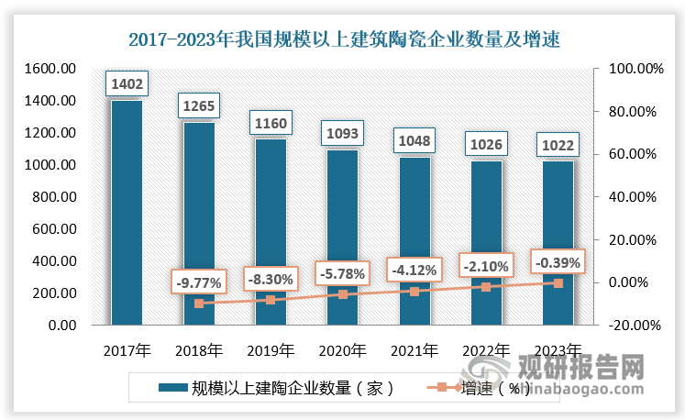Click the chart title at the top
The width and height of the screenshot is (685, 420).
pos(344,39)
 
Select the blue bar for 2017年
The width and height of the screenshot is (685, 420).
pos(127,213)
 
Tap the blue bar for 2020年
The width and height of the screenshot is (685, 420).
pos(343,238)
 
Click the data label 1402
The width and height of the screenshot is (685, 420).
pos(127,83)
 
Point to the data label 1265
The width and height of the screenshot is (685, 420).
pos(199,105)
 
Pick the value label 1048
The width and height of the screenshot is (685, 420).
pos(414,140)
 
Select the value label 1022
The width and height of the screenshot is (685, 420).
pos(558,145)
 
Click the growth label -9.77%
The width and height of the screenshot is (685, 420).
pos(199,283)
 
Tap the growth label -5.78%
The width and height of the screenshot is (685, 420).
pos(343,273)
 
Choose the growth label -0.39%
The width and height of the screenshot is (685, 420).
pos(558,262)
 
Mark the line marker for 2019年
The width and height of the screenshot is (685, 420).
pos(271,300)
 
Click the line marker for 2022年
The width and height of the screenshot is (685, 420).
pos(486,287)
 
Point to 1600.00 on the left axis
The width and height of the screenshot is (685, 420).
pos(50,69)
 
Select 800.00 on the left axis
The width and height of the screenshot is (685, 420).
pos(55,197)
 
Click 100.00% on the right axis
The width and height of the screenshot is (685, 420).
pos(636,69)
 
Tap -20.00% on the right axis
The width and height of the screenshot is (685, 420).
pos(635,326)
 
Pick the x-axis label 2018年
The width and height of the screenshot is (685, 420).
pos(199,350)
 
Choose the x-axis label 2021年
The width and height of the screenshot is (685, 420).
pos(414,350)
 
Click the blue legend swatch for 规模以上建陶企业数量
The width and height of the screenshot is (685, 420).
pos(172,388)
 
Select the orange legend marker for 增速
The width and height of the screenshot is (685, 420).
pos(442,387)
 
